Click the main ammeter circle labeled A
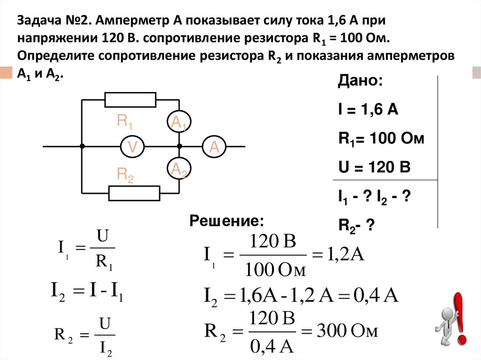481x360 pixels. pyautogui.click(x=214, y=147)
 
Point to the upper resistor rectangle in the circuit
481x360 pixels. pyautogui.click(x=130, y=100)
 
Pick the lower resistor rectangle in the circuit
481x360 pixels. pyautogui.click(x=134, y=192)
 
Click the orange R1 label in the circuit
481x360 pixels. pyautogui.click(x=125, y=122)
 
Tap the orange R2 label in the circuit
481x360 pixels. pyautogui.click(x=125, y=175)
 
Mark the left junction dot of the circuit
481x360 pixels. pyautogui.click(x=82, y=147)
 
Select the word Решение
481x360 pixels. pyautogui.click(x=227, y=221)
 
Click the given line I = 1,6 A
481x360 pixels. pyautogui.click(x=368, y=110)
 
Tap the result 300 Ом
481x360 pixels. pyautogui.click(x=347, y=332)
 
